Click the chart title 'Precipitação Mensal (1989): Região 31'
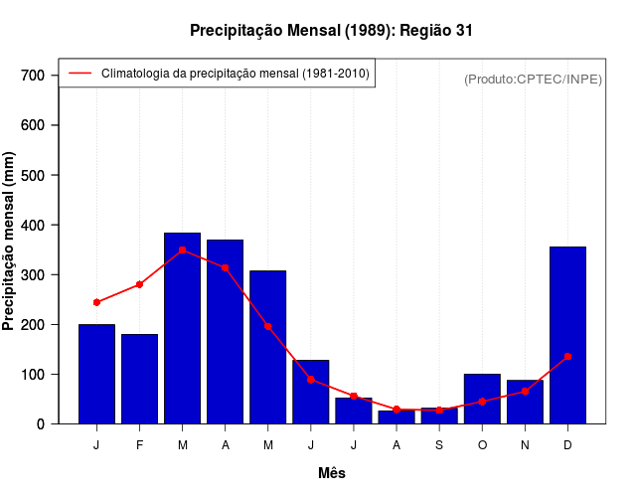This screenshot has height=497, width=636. [x=331, y=31]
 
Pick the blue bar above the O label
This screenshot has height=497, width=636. [x=482, y=399]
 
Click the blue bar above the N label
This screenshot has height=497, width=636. [x=525, y=402]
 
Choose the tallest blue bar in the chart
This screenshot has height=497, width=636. [x=182, y=328]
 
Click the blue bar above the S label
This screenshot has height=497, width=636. [x=439, y=415]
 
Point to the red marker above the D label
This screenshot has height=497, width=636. [x=567, y=356]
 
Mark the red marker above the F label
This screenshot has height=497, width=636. [x=139, y=284]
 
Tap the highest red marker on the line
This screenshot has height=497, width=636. [x=182, y=250]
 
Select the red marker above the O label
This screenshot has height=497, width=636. [x=482, y=402]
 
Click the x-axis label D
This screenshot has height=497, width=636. [x=567, y=445]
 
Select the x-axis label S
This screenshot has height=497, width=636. [x=439, y=445]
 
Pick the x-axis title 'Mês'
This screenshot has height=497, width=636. [x=331, y=473]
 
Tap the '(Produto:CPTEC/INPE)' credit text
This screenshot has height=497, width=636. [x=533, y=79]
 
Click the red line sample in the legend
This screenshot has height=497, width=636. [x=79, y=73]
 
